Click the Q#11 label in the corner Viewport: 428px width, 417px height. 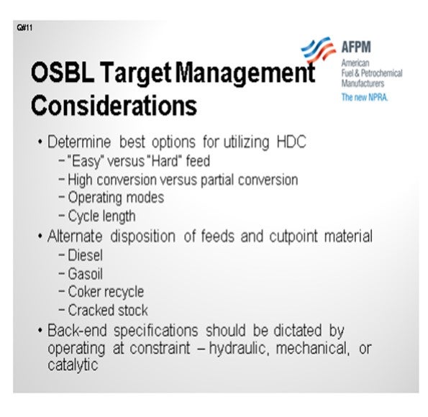24,28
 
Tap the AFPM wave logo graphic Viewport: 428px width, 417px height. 318,49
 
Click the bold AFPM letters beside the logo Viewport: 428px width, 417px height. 356,47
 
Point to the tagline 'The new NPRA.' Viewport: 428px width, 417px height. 365,98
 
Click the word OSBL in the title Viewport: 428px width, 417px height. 63,72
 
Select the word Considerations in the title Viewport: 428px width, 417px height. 114,106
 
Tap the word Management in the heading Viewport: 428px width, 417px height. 245,73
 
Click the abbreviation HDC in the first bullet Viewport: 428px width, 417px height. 291,142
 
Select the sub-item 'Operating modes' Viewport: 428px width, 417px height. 116,198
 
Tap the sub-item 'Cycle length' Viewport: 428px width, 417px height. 101,216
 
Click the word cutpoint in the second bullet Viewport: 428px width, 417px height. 293,236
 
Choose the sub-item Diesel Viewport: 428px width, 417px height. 85,255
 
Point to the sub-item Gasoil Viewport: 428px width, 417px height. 85,274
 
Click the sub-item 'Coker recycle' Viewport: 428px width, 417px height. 106,292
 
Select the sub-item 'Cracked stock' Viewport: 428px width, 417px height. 108,311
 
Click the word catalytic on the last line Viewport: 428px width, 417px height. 73,365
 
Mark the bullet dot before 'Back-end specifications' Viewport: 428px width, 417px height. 40,331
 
